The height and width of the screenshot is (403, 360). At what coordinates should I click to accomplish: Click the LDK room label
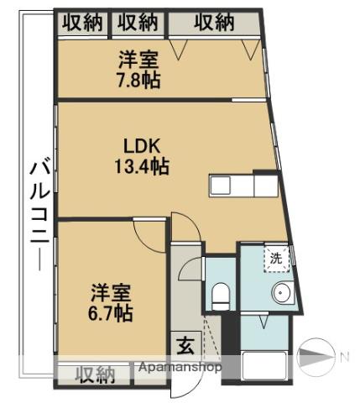[142, 147]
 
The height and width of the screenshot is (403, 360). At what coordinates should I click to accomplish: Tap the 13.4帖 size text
[142, 166]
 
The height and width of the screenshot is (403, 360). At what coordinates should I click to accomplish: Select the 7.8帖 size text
[138, 80]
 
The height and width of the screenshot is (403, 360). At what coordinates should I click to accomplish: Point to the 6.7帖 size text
[110, 313]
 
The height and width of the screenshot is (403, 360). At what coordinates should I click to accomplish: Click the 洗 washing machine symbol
[276, 259]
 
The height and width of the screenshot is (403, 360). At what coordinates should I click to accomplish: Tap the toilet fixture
[221, 296]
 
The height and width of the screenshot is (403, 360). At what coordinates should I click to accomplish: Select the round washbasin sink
[281, 293]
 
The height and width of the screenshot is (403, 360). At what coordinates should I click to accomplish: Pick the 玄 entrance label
[186, 346]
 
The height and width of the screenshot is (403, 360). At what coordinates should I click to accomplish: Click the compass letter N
[345, 357]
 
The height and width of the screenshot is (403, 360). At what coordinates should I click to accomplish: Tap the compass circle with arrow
[316, 357]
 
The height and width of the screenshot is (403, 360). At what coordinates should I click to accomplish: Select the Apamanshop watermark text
[180, 367]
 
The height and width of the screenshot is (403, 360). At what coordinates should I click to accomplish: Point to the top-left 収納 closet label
[82, 23]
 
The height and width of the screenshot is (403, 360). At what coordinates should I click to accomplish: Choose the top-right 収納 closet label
[214, 22]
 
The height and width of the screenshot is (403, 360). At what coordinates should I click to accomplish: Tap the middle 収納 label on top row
[138, 23]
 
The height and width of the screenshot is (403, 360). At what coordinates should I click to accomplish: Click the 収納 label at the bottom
[96, 374]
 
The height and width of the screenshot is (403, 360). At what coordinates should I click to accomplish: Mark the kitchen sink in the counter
[221, 185]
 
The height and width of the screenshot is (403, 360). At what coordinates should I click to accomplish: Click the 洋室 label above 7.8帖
[138, 60]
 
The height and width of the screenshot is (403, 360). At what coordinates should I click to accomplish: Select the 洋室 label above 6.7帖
[111, 293]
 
